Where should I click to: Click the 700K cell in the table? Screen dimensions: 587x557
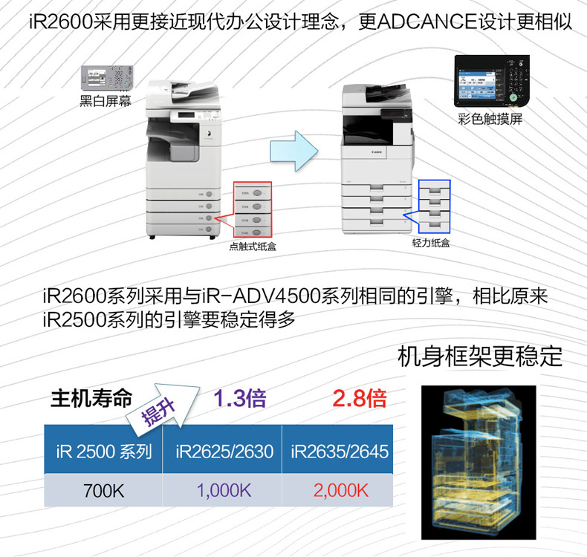pos(103,489)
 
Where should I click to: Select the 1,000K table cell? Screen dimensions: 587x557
pos(224,489)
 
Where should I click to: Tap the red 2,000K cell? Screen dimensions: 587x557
pos(340,489)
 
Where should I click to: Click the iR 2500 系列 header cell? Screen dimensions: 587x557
pos(103,451)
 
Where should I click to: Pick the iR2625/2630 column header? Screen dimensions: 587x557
pos(224,451)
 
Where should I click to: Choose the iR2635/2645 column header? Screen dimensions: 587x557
pos(340,451)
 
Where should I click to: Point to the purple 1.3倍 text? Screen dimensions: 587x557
pos(239,399)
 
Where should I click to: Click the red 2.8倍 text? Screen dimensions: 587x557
pos(360,399)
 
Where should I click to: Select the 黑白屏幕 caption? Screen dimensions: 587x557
pos(106,102)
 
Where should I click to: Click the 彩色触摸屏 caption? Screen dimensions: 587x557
pos(496,119)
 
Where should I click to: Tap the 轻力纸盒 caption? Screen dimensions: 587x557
pos(431,242)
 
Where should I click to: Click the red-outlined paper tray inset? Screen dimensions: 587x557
pos(253,209)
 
